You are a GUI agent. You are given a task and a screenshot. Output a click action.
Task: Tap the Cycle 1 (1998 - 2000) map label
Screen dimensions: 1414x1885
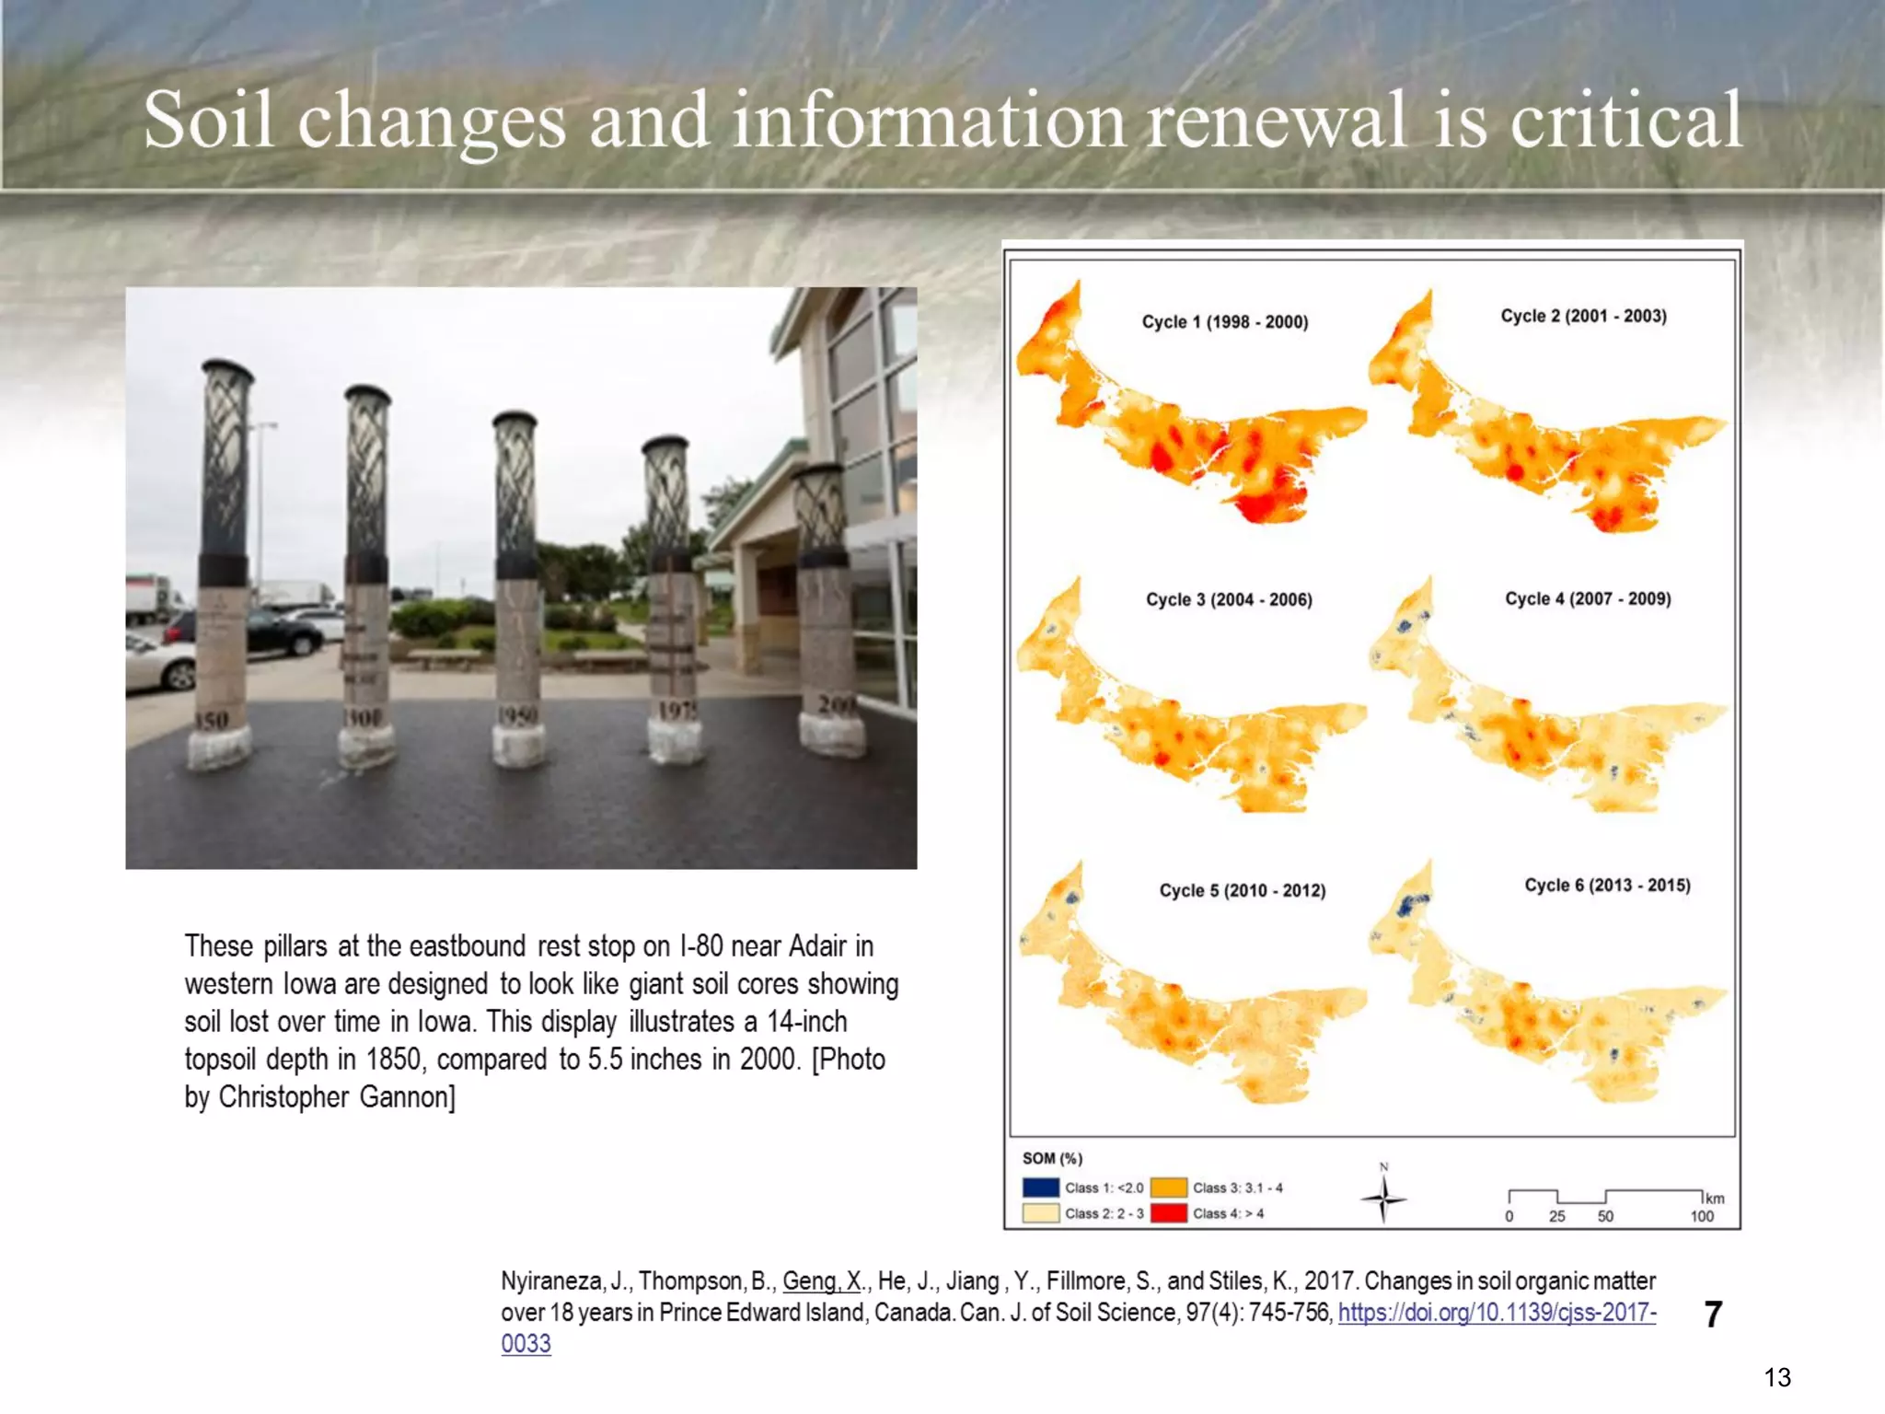point(1224,322)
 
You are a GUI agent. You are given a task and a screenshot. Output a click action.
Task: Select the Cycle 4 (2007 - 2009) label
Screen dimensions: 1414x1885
point(1588,599)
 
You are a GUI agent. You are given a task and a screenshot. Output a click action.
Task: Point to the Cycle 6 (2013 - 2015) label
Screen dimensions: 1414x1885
point(1607,886)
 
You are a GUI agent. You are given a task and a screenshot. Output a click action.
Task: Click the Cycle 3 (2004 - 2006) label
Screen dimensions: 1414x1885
point(1229,600)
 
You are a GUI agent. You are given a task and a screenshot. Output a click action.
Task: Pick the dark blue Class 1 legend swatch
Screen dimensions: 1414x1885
point(1040,1188)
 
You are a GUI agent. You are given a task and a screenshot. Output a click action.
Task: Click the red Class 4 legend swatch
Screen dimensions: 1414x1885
point(1168,1213)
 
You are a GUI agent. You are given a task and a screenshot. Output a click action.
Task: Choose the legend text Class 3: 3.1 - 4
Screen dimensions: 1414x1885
point(1237,1188)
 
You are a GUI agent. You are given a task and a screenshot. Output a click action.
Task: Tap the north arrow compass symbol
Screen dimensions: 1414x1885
point(1382,1198)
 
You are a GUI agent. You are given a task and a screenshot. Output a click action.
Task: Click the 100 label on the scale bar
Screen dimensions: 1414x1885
point(1702,1217)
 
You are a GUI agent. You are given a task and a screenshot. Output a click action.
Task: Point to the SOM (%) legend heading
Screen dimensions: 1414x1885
point(1052,1159)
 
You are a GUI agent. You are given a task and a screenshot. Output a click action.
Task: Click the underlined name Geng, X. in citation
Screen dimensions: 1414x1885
point(822,1281)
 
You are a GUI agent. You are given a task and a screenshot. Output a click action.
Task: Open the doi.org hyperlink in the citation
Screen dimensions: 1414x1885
point(1497,1313)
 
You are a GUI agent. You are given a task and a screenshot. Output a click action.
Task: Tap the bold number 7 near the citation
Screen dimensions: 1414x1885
point(1713,1315)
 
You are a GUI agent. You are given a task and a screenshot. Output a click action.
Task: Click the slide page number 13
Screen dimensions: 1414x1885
point(1777,1378)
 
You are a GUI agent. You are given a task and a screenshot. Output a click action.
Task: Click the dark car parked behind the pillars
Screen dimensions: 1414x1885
point(276,632)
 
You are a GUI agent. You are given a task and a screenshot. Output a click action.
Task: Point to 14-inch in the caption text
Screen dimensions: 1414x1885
point(807,1022)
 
